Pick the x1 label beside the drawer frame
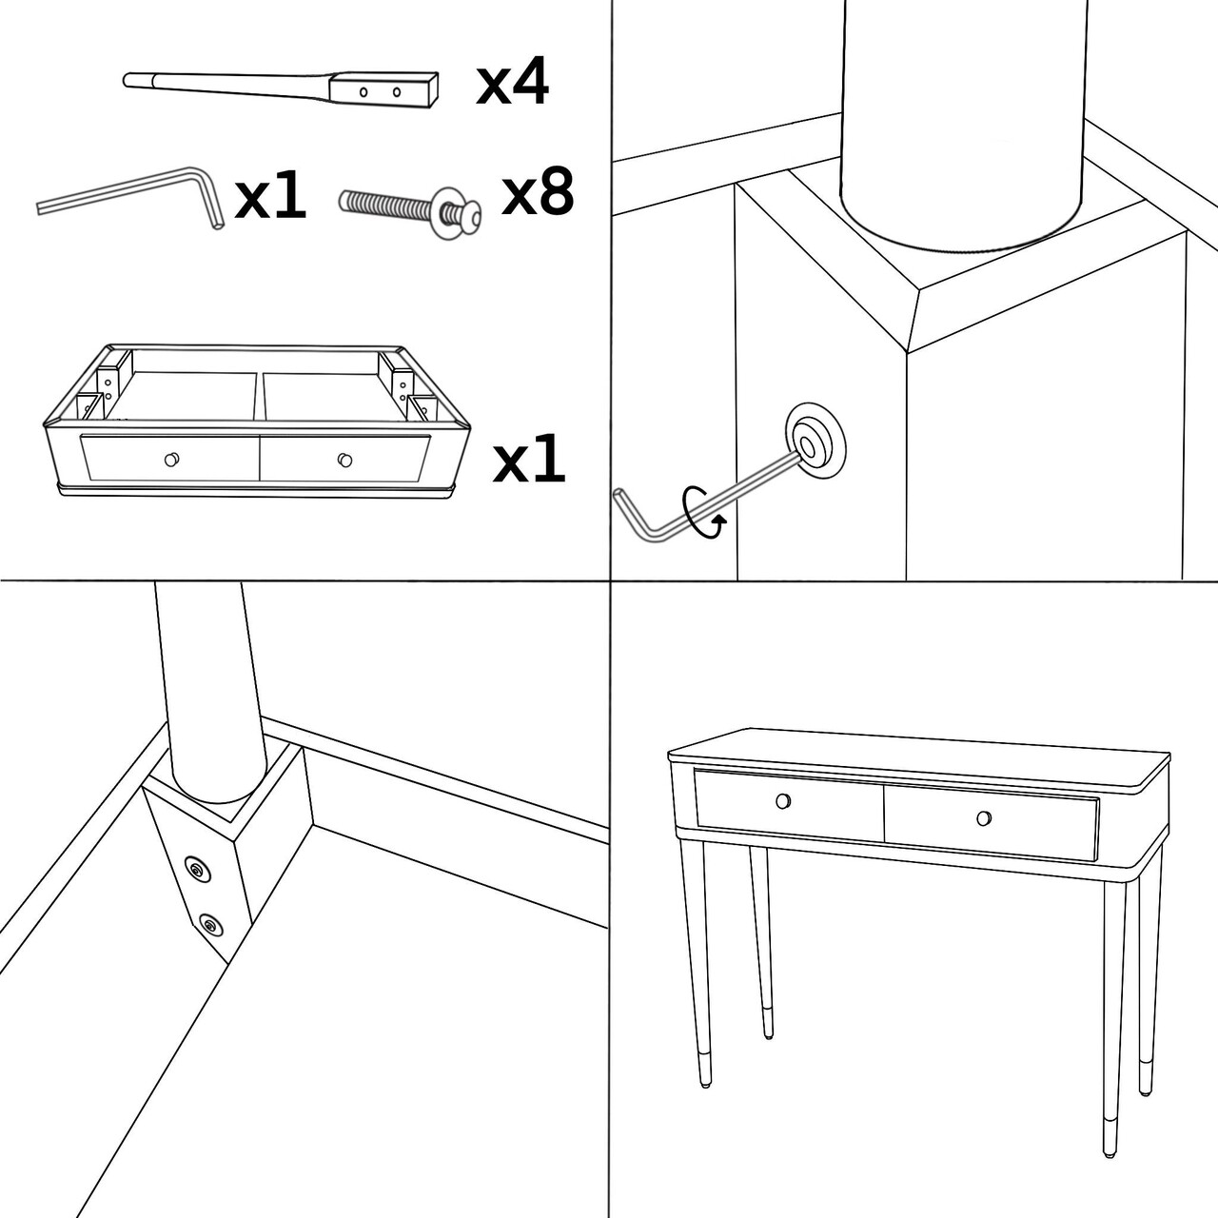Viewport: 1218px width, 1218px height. (x=529, y=462)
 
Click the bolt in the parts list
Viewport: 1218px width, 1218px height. (x=409, y=206)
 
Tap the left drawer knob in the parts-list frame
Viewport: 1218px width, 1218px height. (x=171, y=460)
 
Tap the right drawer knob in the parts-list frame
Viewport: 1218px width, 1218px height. (x=344, y=460)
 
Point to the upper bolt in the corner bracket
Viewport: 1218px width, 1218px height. (x=197, y=868)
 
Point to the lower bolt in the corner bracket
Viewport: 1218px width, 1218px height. (x=209, y=924)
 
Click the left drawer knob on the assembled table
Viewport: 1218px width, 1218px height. (x=783, y=800)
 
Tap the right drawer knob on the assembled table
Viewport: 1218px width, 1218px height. (x=984, y=817)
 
